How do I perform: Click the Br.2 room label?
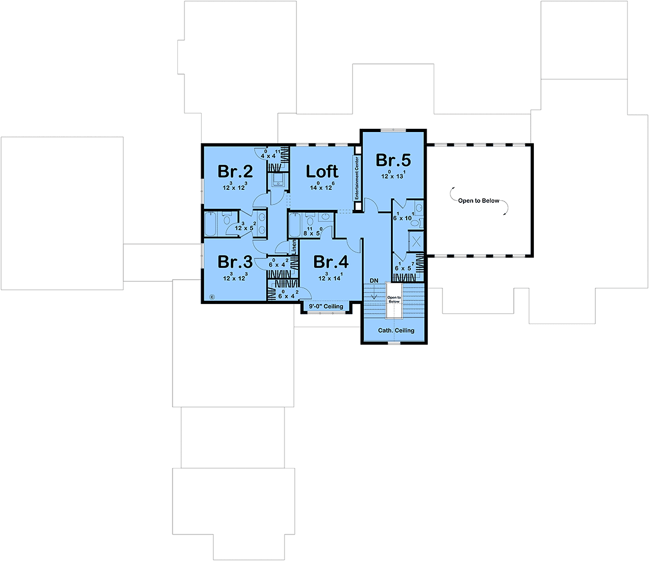tap(235, 171)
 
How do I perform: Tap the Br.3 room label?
tap(235, 262)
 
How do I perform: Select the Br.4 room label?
tap(331, 262)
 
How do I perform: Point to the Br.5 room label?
tap(393, 160)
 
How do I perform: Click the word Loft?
tap(322, 171)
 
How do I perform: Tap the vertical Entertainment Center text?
tap(357, 178)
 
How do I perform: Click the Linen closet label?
tap(294, 247)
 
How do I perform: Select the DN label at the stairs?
tap(374, 280)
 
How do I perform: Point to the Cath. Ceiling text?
tap(396, 331)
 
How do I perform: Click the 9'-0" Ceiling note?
tap(326, 306)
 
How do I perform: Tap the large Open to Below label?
tap(479, 201)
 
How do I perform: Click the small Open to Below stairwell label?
tap(394, 299)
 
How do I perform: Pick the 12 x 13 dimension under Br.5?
tap(393, 175)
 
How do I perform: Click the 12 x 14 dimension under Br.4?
tap(330, 277)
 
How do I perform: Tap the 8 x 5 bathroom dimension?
tap(313, 232)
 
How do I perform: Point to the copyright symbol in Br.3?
tap(212, 297)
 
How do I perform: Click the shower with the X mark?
tap(416, 241)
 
